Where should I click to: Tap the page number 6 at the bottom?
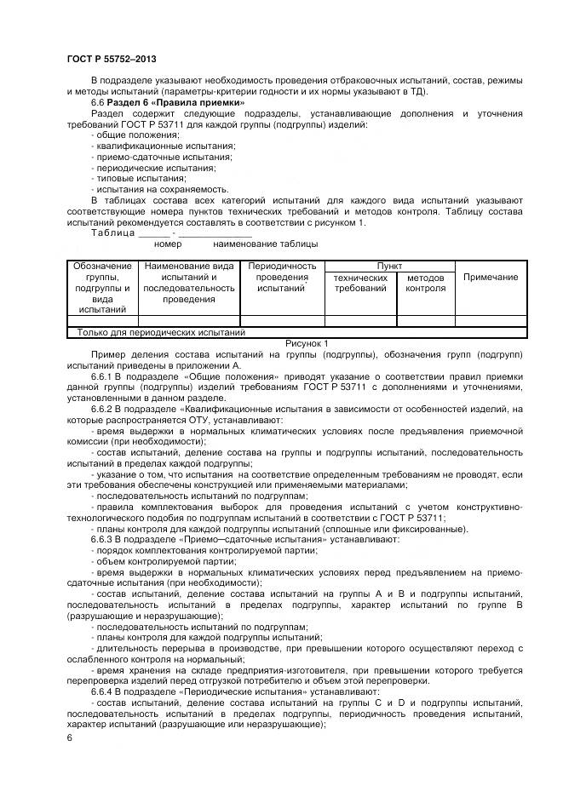pyautogui.click(x=70, y=737)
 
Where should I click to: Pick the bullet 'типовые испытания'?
pyautogui.click(x=129, y=178)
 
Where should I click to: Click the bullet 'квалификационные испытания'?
pyautogui.click(x=152, y=146)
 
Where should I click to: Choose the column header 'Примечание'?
pyautogui.click(x=490, y=278)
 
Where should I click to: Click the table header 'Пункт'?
pyautogui.click(x=390, y=267)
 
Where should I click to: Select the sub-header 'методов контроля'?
pyautogui.click(x=425, y=283)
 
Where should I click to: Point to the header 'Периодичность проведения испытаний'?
pyautogui.click(x=282, y=278)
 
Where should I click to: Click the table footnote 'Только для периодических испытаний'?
pyautogui.click(x=161, y=333)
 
